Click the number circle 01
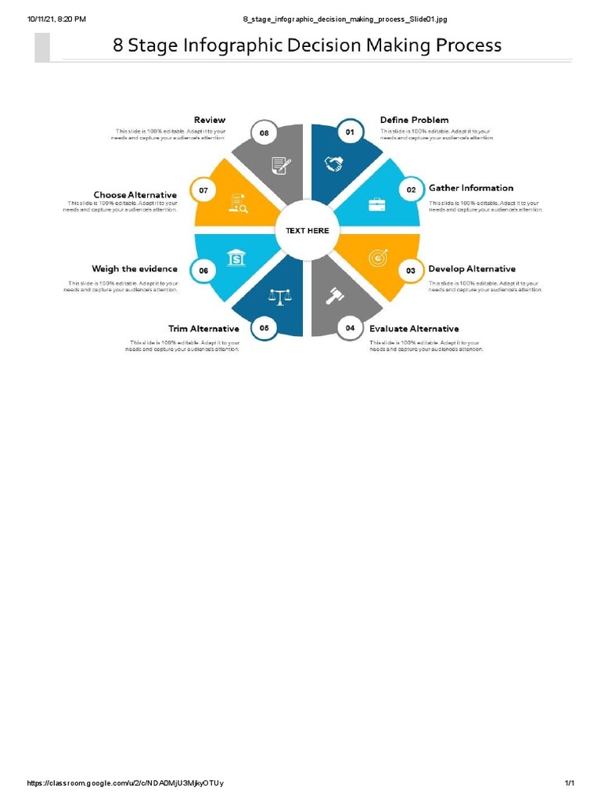click(350, 132)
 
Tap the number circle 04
click(350, 328)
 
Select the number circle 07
click(203, 190)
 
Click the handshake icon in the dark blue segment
click(334, 164)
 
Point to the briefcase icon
click(376, 204)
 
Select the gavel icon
click(335, 296)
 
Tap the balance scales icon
click(279, 296)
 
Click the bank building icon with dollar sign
click(235, 258)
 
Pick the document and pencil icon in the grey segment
click(279, 165)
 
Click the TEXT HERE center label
click(308, 230)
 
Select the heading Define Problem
click(415, 120)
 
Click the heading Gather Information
click(471, 188)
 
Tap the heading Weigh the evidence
click(135, 269)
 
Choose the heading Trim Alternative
click(203, 328)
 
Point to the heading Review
click(210, 120)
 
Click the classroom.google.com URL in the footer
click(125, 783)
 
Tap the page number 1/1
click(570, 783)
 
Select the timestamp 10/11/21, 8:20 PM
click(56, 19)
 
